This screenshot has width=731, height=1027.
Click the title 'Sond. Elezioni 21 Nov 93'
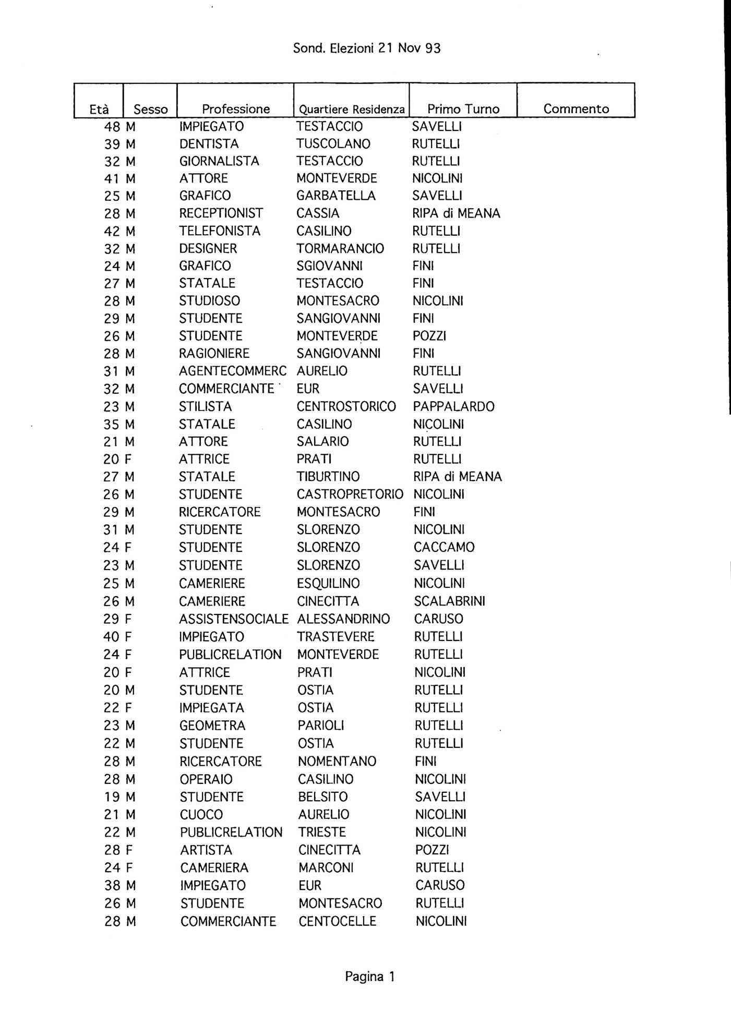[x=366, y=49]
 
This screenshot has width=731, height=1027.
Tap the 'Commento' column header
[x=576, y=109]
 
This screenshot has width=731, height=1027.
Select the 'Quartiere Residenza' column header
[x=351, y=110]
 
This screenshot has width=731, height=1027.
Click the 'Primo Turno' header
[x=463, y=109]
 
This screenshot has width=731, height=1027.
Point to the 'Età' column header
[x=99, y=110]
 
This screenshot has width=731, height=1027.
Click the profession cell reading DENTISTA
[x=209, y=144]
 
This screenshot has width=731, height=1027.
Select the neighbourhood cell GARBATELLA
[x=335, y=196]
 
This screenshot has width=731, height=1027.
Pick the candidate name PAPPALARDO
[x=453, y=406]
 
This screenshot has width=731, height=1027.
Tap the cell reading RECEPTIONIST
[x=221, y=213]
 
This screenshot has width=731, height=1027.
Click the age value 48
[x=112, y=127]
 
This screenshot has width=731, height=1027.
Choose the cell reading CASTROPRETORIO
[x=350, y=494]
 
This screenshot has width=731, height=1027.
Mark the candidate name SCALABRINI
[x=449, y=601]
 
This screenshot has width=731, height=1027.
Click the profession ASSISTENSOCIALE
[x=233, y=619]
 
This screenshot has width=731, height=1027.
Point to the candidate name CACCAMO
[x=444, y=547]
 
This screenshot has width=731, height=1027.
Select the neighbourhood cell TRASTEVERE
[x=335, y=637]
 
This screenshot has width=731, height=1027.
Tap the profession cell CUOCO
[x=201, y=815]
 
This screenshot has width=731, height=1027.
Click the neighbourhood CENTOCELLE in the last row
[x=337, y=921]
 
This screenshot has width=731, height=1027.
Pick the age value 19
[x=112, y=797]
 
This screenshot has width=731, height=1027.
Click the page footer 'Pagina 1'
[x=370, y=976]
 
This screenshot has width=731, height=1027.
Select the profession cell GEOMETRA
[x=212, y=726]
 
